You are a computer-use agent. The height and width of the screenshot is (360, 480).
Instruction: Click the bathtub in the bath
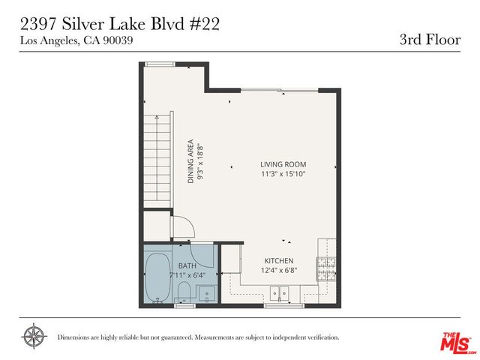tap(157, 277)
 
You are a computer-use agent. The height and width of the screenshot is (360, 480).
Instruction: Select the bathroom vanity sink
tap(209, 292)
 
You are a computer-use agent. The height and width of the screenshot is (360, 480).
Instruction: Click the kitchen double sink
tap(280, 293)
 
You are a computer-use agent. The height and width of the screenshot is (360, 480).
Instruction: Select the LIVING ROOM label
tap(283, 165)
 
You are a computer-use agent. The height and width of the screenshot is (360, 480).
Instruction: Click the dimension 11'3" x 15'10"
tap(283, 174)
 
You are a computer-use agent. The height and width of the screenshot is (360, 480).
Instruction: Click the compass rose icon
tap(33, 336)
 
